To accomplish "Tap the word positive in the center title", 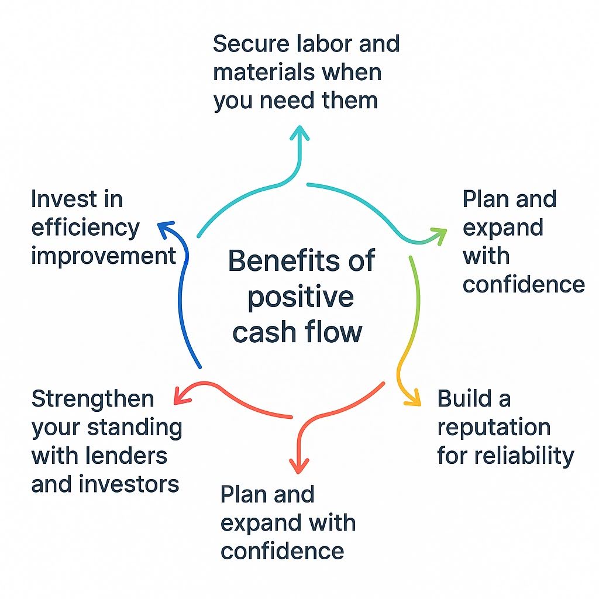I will tap(300, 297).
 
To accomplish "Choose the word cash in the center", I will tap(262, 332).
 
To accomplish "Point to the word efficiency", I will tap(85, 228).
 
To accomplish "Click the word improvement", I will tap(103, 256).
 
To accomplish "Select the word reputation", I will tap(494, 427).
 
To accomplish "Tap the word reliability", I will tap(527, 455).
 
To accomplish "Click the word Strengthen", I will tap(92, 399).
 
